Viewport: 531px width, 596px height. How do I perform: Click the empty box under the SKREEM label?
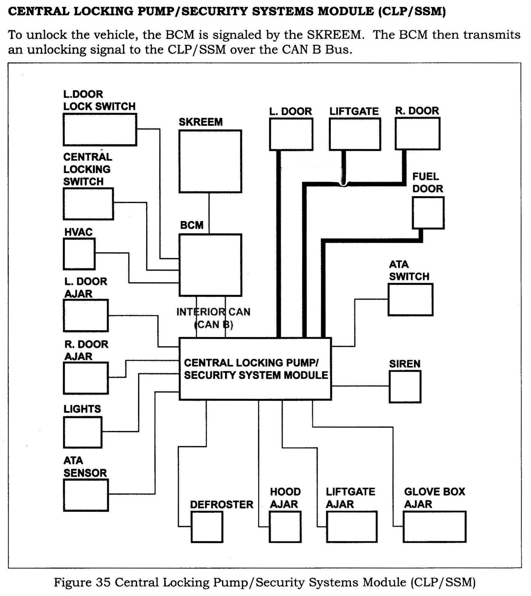[210, 161]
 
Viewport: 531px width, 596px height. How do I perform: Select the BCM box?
[210, 265]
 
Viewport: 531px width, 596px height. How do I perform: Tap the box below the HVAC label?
[79, 254]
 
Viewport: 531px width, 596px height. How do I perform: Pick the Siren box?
[405, 386]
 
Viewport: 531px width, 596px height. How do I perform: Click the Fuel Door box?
[428, 213]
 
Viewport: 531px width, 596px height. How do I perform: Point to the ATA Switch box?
[410, 300]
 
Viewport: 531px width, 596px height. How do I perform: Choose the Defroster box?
[207, 527]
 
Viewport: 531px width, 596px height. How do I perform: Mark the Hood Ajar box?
[285, 527]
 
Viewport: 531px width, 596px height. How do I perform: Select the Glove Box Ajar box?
[434, 527]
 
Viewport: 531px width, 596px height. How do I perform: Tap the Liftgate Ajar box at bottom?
[351, 527]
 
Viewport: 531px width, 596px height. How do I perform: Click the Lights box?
[83, 432]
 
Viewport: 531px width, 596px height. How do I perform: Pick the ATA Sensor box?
[86, 495]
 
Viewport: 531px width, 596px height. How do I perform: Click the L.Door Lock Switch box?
[100, 129]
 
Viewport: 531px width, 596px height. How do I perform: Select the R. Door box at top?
[417, 133]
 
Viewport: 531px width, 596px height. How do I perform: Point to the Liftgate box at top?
[355, 134]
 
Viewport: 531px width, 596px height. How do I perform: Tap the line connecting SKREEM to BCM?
[209, 213]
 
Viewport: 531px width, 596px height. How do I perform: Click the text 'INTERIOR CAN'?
[213, 312]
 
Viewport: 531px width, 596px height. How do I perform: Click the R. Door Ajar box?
[86, 378]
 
